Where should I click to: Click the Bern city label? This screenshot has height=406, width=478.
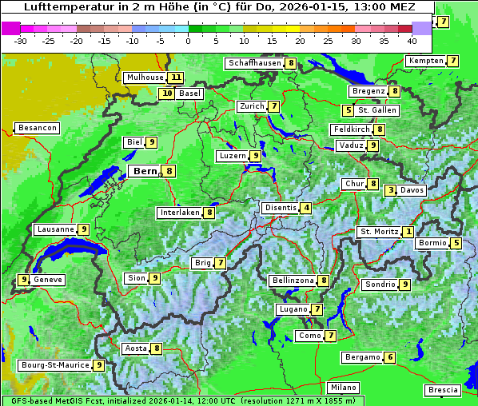pyautogui.click(x=145, y=171)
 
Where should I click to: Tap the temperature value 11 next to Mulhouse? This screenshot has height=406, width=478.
pyautogui.click(x=175, y=78)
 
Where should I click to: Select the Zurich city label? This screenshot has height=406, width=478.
pyautogui.click(x=252, y=106)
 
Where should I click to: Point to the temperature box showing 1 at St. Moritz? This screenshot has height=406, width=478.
pyautogui.click(x=408, y=232)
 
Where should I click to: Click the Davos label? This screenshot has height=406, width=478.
pyautogui.click(x=412, y=190)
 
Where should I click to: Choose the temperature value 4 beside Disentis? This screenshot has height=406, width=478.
pyautogui.click(x=306, y=208)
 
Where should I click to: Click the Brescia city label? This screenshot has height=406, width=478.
pyautogui.click(x=443, y=390)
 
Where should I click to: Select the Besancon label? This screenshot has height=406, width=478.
pyautogui.click(x=37, y=128)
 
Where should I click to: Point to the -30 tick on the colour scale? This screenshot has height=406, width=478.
pyautogui.click(x=21, y=41)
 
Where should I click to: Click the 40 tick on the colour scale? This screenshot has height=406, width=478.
pyautogui.click(x=412, y=41)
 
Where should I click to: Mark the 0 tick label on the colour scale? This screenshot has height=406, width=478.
pyautogui.click(x=189, y=41)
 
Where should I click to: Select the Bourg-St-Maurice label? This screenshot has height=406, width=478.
pyautogui.click(x=54, y=365)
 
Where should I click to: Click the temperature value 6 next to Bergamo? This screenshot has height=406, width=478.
pyautogui.click(x=389, y=357)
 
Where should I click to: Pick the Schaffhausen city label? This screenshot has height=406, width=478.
pyautogui.click(x=253, y=63)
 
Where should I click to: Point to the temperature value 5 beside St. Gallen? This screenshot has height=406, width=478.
pyautogui.click(x=348, y=110)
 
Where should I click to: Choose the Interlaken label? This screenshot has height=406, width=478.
pyautogui.click(x=179, y=213)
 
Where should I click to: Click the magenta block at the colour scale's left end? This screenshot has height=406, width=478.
pyautogui.click(x=11, y=28)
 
